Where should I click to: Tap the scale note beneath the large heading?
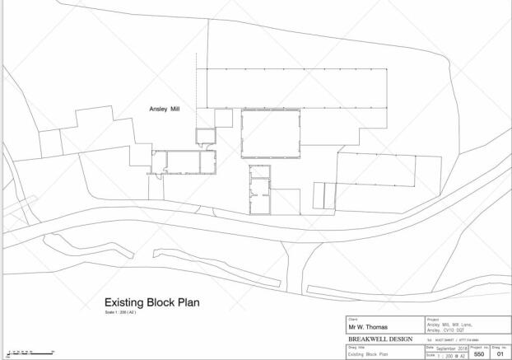tap(116, 313)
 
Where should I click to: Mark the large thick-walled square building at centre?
tap(271, 134)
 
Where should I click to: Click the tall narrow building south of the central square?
tap(260, 190)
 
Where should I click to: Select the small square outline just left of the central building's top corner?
tap(223, 119)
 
